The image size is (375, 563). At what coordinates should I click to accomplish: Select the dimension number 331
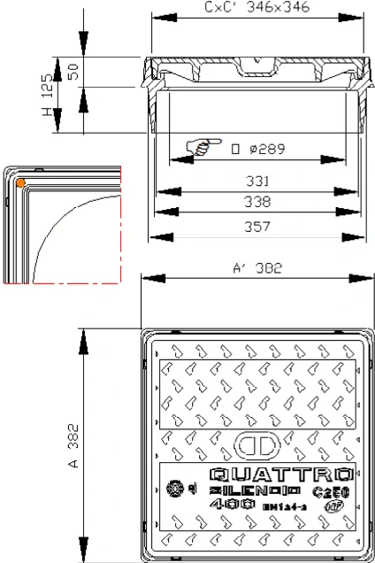click(258, 181)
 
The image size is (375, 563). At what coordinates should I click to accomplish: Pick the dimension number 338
click(258, 202)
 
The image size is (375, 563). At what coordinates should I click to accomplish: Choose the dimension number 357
click(258, 226)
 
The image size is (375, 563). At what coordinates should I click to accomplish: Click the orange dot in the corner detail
click(20, 183)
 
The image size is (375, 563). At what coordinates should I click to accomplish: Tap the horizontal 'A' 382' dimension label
click(258, 271)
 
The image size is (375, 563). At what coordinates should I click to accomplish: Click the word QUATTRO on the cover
click(282, 474)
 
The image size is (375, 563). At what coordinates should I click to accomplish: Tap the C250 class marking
click(331, 490)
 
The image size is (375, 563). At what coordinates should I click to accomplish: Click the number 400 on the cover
click(228, 505)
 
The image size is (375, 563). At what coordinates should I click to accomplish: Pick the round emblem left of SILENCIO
click(176, 490)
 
